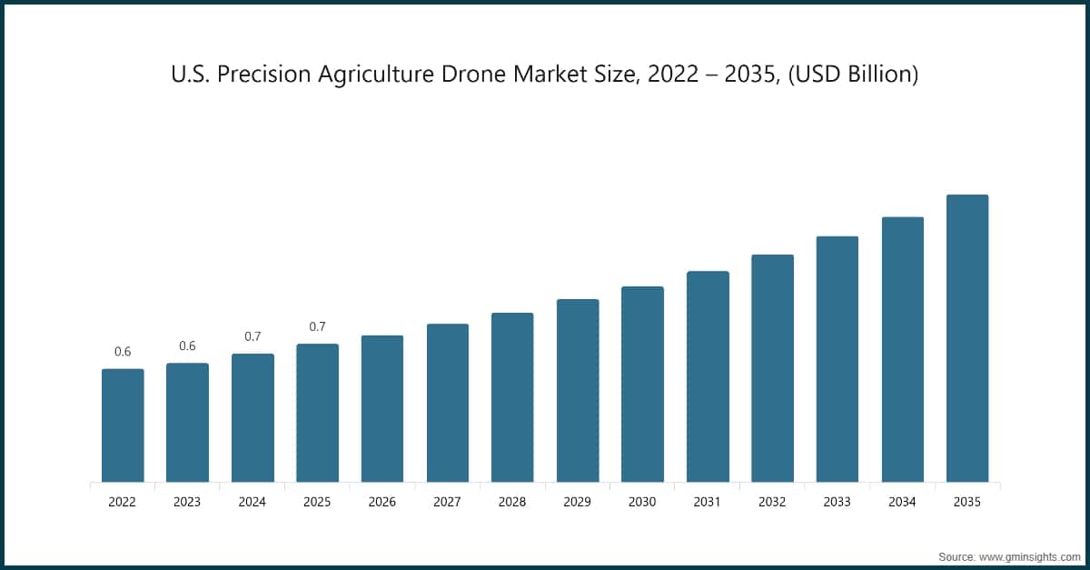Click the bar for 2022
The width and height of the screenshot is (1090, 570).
123,425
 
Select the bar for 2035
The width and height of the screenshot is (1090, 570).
967,338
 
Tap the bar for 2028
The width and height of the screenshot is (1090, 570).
512,397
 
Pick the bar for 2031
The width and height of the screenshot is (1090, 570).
708,376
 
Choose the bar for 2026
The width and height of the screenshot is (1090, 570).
382,408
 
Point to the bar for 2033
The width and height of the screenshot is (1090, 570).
837,359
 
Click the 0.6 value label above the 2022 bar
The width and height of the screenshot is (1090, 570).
123,352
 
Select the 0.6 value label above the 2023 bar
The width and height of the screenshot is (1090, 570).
187,346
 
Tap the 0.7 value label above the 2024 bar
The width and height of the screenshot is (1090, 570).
253,336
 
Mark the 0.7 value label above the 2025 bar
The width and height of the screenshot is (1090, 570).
317,326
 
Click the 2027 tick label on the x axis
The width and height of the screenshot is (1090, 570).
448,502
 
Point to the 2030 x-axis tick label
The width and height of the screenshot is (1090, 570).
642,502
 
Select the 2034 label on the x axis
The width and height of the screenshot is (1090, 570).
903,502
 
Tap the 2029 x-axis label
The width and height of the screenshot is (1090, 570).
578,502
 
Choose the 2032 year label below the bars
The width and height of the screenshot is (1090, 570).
772,502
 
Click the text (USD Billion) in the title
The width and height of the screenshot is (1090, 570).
854,75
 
